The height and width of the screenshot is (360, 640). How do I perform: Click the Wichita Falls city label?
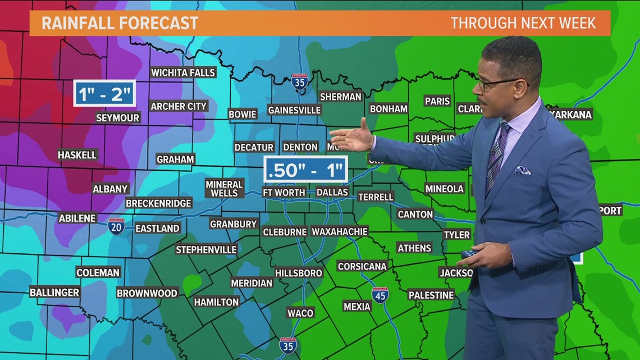tap(183, 72)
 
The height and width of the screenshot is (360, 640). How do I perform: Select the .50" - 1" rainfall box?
tap(306, 169)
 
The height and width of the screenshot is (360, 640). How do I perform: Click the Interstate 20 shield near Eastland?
tap(116, 226)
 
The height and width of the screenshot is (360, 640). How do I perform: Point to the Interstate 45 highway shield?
tap(380, 295)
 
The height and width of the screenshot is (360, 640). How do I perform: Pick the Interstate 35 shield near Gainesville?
tap(299, 83)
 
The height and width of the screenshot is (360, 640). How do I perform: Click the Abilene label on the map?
tap(77, 218)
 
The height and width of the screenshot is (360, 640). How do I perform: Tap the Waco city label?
tap(300, 313)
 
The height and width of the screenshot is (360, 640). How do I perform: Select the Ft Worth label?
tap(284, 192)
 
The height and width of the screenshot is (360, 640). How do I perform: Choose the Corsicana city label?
tap(363, 266)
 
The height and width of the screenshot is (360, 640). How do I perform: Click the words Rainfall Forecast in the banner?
tap(120, 23)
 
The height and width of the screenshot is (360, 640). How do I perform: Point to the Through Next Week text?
tap(523, 23)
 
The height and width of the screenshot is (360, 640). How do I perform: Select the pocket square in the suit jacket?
tap(523, 170)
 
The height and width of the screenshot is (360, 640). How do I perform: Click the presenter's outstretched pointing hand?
tap(354, 138)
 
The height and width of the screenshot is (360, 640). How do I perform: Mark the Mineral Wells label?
tap(224, 188)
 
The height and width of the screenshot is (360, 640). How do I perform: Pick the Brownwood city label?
tap(147, 293)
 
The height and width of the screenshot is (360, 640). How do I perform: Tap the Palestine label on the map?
tap(431, 295)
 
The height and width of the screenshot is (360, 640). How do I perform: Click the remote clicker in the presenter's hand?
tap(467, 254)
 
